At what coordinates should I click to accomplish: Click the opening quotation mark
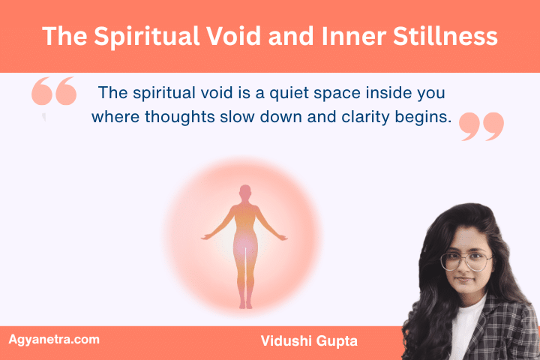click(x=54, y=92)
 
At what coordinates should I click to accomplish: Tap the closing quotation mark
click(x=481, y=126)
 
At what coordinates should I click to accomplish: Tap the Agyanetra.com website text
click(x=53, y=340)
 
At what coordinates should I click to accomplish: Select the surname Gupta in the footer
click(x=337, y=340)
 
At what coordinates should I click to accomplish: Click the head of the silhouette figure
click(x=244, y=192)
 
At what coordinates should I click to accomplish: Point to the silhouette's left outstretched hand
click(x=205, y=237)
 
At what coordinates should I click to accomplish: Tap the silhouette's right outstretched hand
click(x=283, y=237)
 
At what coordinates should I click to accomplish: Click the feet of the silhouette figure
click(x=244, y=304)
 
